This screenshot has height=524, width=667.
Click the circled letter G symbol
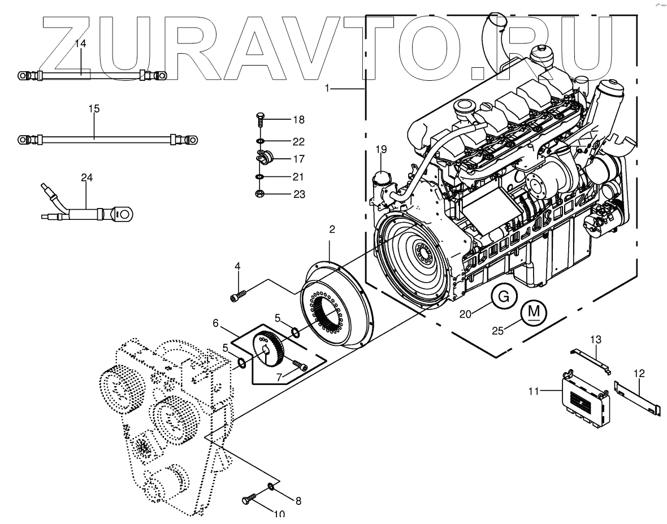click(506, 297)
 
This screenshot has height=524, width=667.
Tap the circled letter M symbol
click(534, 311)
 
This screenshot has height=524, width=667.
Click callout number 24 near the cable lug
click(86, 177)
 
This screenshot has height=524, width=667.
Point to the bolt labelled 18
click(260, 120)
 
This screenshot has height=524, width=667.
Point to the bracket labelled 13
click(591, 361)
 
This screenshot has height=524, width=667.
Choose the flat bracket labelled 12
click(638, 402)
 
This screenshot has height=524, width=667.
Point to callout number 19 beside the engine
click(382, 149)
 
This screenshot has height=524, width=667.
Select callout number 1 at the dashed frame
click(328, 88)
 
